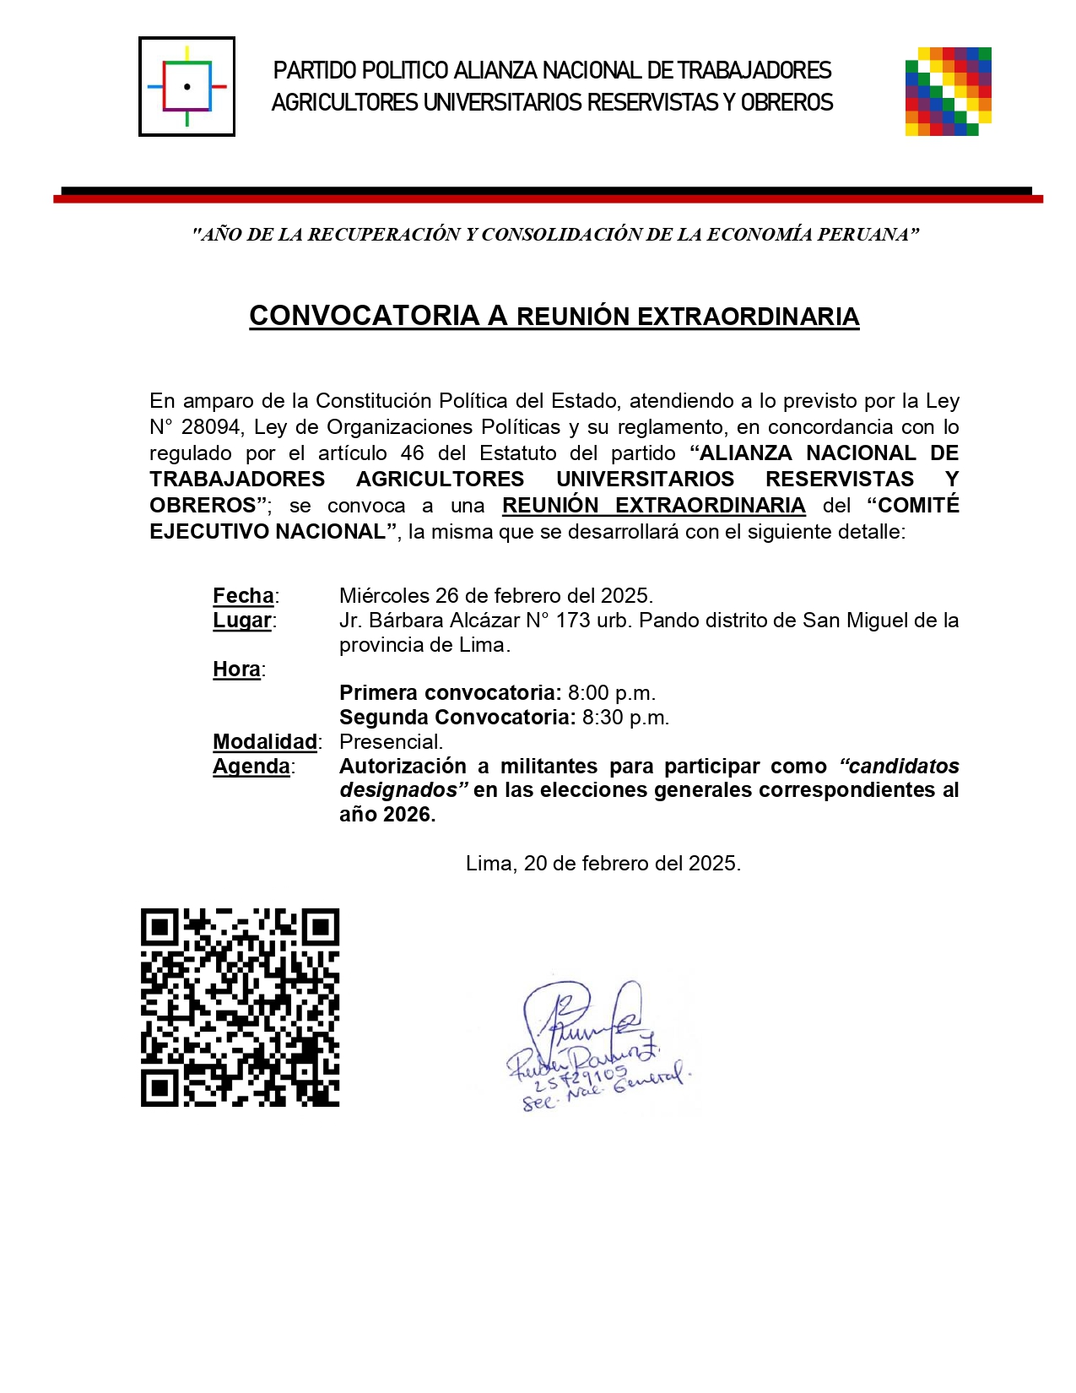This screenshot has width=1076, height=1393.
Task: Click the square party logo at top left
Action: pos(187,86)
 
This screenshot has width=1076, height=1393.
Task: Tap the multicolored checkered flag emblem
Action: pos(948,91)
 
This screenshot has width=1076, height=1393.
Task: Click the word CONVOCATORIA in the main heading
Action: pos(364,316)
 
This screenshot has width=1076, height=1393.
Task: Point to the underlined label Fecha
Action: pos(243,596)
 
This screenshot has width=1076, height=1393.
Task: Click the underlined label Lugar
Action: pos(241,621)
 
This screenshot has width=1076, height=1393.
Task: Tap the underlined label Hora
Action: pos(236,669)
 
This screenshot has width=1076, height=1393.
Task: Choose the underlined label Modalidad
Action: pos(264,742)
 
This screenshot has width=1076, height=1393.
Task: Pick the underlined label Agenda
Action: pos(251,767)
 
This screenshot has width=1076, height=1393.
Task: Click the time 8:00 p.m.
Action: pos(611,693)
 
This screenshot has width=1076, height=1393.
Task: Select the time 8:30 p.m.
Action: pos(625,718)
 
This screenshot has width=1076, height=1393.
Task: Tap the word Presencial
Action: pos(391,742)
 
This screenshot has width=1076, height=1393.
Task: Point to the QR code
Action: pos(240,1007)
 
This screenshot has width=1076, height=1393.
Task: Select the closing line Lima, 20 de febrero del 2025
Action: pos(603,864)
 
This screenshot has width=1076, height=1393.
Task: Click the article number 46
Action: pos(412,453)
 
